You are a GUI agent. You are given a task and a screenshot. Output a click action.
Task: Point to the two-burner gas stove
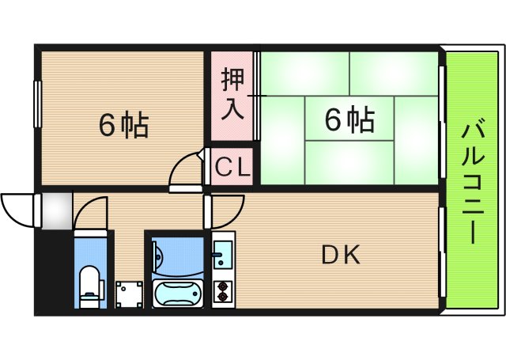coord(222,291)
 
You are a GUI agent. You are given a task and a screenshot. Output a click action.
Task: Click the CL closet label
coord(232,167)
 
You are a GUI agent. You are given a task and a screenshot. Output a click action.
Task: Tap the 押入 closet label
coord(232,93)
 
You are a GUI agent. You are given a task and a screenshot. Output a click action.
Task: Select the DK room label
coord(341,256)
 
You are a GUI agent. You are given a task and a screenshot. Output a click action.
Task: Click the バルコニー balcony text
coord(472,180)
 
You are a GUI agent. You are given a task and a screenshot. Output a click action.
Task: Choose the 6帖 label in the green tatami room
coord(349,120)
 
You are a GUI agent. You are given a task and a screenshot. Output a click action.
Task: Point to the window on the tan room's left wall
coord(37,101)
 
